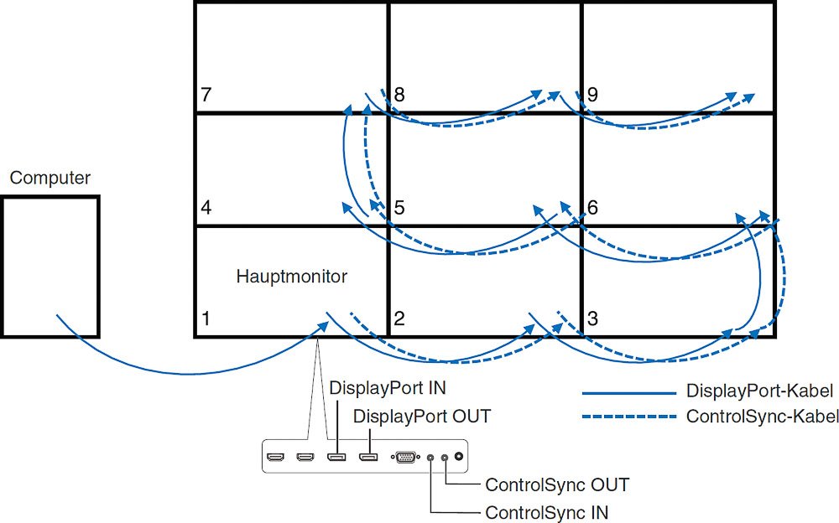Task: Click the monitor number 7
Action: tap(206, 95)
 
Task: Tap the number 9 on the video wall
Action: tap(592, 95)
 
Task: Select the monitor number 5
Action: tap(399, 207)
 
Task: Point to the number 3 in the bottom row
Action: tap(592, 319)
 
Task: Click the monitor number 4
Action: tap(206, 207)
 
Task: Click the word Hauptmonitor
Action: tap(291, 277)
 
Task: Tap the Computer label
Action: tap(50, 179)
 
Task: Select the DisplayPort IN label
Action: tap(387, 389)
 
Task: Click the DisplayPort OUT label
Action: tap(422, 417)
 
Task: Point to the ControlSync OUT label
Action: tap(557, 484)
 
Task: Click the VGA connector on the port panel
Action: tap(404, 458)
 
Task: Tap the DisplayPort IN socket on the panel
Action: tap(336, 458)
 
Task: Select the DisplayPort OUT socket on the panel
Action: tap(367, 458)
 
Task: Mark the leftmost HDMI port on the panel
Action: tap(274, 458)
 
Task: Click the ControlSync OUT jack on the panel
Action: tap(445, 458)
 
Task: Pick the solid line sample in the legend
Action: tap(628, 391)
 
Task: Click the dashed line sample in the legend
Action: tap(628, 417)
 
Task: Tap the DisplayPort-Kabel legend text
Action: tap(759, 391)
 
